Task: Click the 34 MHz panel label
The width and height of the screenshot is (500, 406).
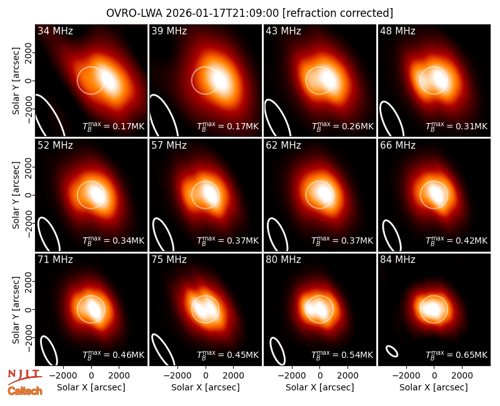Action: tap(55, 31)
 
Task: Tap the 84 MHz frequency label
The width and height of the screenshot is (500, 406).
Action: tap(397, 260)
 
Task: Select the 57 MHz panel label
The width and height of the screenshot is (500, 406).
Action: tap(169, 146)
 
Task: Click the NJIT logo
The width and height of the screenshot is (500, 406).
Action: tap(24, 376)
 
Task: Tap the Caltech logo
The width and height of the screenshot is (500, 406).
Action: tap(25, 391)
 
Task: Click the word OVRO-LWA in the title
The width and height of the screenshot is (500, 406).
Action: tap(134, 13)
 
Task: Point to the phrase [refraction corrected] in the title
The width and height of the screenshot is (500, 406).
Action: tap(337, 13)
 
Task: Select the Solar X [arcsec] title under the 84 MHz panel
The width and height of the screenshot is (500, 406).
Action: tap(434, 387)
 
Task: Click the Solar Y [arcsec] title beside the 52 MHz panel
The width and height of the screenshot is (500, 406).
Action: tap(16, 195)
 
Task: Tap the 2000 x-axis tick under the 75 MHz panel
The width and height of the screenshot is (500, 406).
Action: tap(233, 376)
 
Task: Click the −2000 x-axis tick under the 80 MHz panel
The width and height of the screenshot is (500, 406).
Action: tap(292, 376)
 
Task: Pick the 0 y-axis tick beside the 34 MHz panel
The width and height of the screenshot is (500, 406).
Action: tap(29, 81)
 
